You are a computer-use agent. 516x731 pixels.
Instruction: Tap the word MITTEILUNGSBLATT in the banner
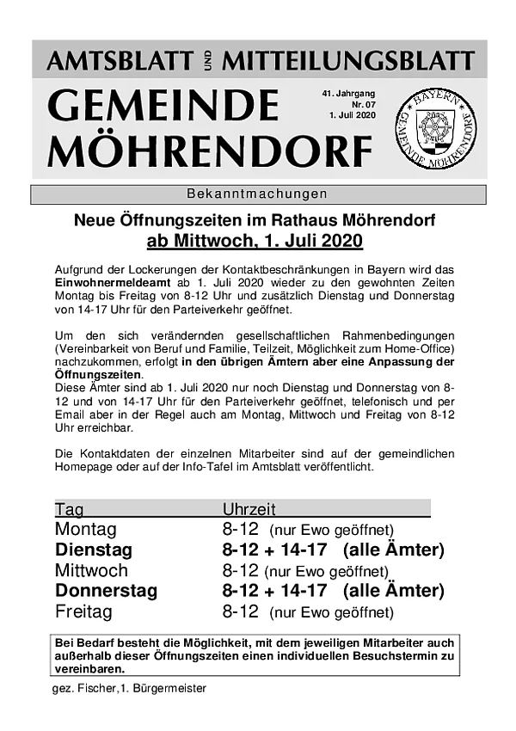pyautogui.click(x=348, y=60)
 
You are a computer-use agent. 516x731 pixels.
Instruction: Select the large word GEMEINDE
pyautogui.click(x=163, y=106)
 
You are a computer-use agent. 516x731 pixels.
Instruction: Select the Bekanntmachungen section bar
pyautogui.click(x=258, y=193)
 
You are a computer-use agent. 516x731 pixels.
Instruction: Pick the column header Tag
pyautogui.click(x=70, y=509)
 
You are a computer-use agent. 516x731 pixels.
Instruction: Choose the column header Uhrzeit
pyautogui.click(x=249, y=509)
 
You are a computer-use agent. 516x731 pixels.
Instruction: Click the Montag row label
pyautogui.click(x=85, y=529)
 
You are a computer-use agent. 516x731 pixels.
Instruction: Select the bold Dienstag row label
pyautogui.click(x=94, y=550)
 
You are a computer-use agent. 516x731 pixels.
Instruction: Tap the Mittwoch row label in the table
pyautogui.click(x=91, y=570)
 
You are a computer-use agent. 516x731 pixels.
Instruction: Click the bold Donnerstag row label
pyautogui.click(x=106, y=591)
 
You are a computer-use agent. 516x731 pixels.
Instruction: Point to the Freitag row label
pyautogui.click(x=83, y=611)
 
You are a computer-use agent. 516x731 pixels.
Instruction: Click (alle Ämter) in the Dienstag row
pyautogui.click(x=393, y=550)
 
